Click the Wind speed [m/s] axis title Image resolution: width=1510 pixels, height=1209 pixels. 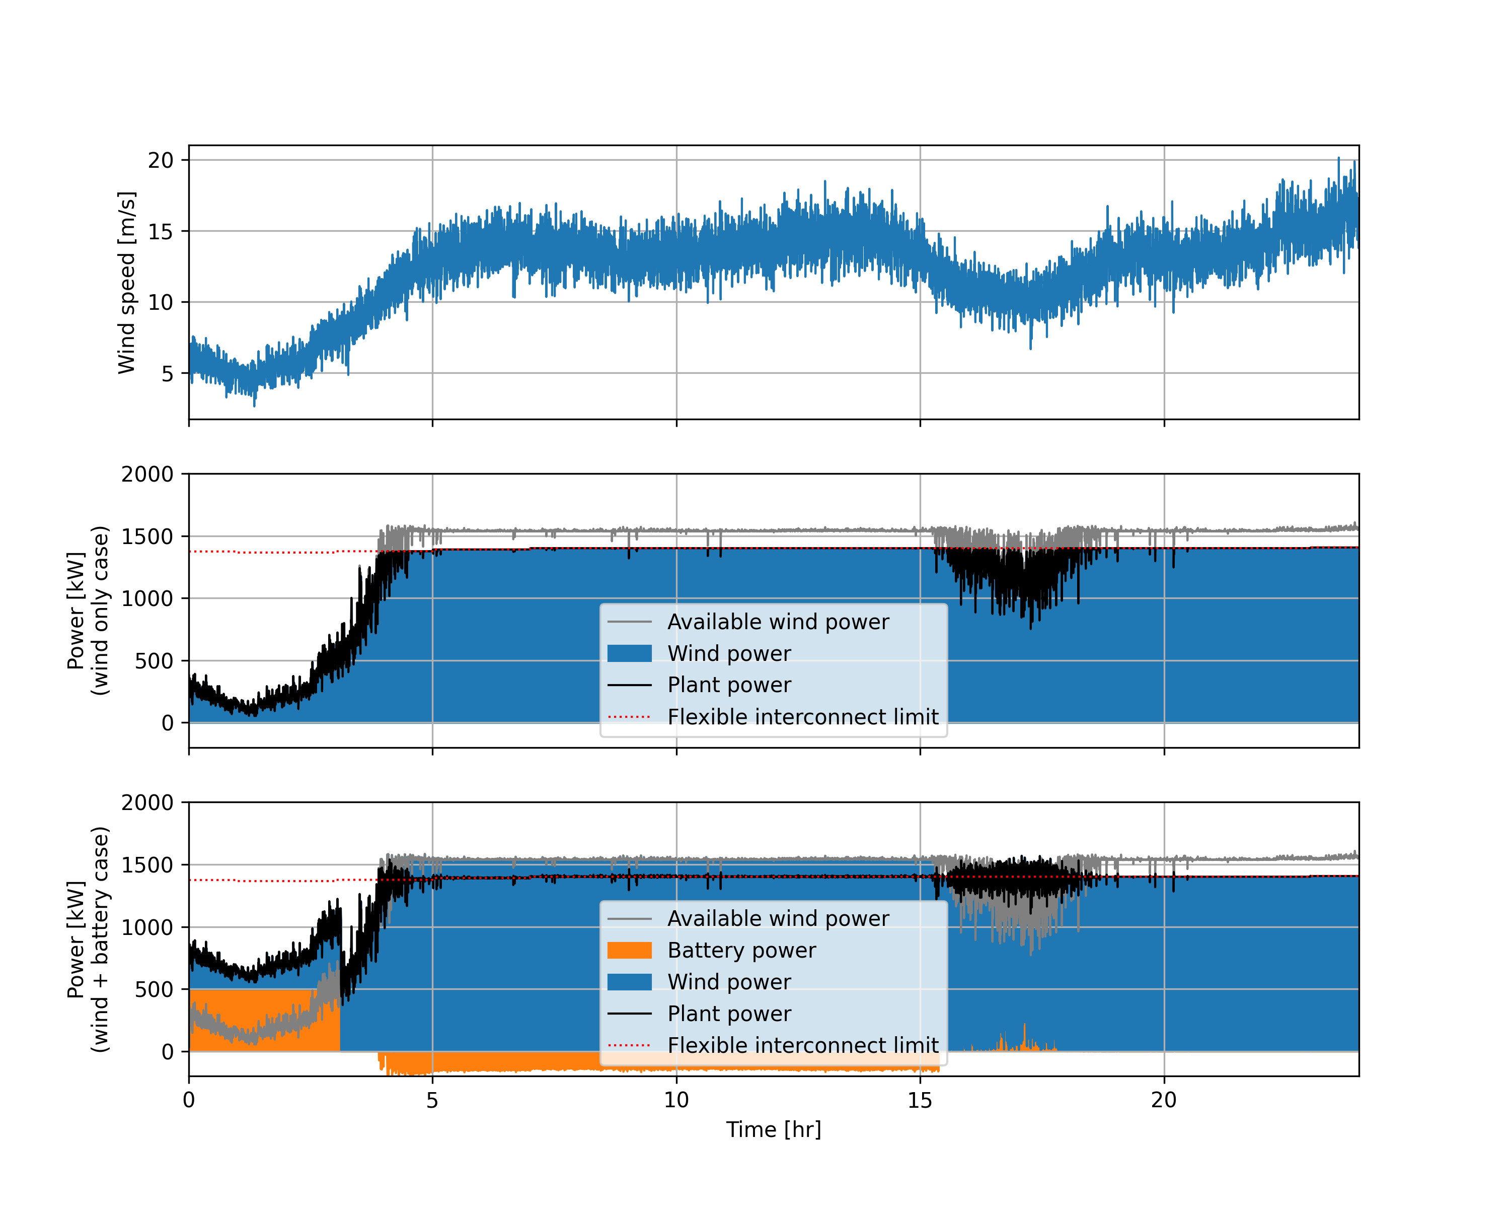pyautogui.click(x=126, y=283)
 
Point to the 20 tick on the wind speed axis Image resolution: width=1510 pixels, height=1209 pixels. pyautogui.click(x=161, y=161)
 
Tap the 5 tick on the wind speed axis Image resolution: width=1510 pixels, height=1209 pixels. pyautogui.click(x=167, y=374)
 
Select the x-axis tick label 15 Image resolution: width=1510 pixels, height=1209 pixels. pyautogui.click(x=920, y=1100)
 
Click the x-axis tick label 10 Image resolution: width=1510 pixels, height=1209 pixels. pyautogui.click(x=676, y=1100)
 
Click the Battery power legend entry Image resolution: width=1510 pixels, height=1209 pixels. pyautogui.click(x=741, y=951)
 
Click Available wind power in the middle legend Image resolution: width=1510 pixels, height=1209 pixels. pyautogui.click(x=778, y=622)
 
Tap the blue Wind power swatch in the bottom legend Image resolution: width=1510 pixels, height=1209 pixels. pyautogui.click(x=629, y=982)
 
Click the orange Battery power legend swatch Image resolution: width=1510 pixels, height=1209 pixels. pyautogui.click(x=629, y=951)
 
